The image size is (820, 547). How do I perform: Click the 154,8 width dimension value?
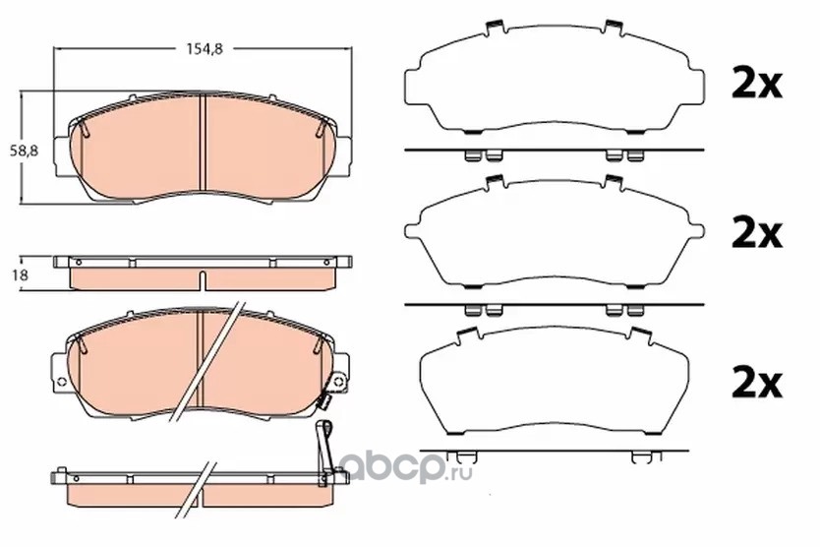pyautogui.click(x=205, y=48)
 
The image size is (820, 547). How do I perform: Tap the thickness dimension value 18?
pyautogui.click(x=21, y=274)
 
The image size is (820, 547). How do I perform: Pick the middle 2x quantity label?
pyautogui.click(x=756, y=233)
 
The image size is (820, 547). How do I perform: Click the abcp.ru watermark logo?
pyautogui.click(x=407, y=467)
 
